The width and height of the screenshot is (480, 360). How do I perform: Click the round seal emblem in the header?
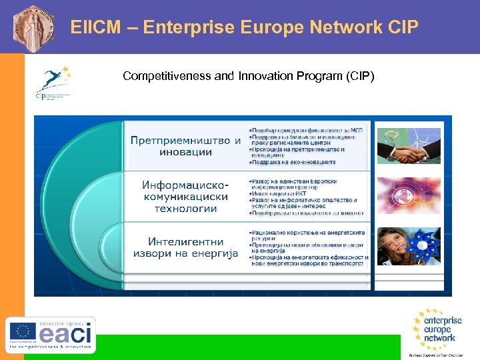pyautogui.click(x=31, y=27)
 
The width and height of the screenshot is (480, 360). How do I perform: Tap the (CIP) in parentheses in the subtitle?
pyautogui.click(x=360, y=76)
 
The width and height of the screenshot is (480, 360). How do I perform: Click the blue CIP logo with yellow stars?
pyautogui.click(x=53, y=82)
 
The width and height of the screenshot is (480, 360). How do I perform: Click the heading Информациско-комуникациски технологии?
pyautogui.click(x=185, y=197)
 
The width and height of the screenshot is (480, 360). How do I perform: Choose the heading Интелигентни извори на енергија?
pyautogui.click(x=185, y=247)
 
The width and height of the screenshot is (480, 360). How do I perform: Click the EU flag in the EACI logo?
pyautogui.click(x=21, y=331)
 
